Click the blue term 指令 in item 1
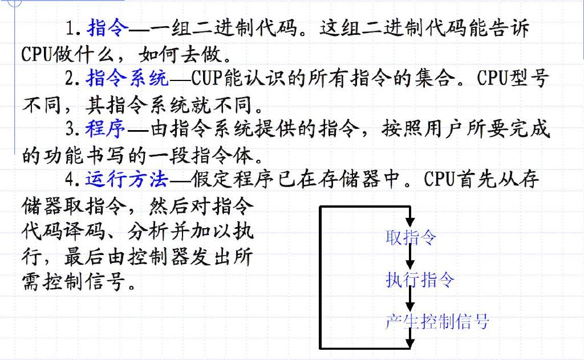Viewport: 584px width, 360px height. click(x=108, y=27)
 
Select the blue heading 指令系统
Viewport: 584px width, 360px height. click(x=127, y=78)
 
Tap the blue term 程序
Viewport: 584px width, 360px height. click(x=106, y=128)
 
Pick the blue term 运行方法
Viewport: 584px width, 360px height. click(x=127, y=179)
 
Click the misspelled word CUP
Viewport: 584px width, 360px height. click(x=206, y=78)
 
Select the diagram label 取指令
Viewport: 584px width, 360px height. click(x=411, y=237)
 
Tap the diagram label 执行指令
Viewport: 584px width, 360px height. click(x=420, y=280)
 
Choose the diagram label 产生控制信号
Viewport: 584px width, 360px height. click(x=437, y=321)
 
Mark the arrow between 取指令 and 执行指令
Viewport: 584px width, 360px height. click(x=410, y=257)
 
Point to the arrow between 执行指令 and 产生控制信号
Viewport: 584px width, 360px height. click(x=410, y=300)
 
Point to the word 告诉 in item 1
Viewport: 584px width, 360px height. click(x=508, y=27)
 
